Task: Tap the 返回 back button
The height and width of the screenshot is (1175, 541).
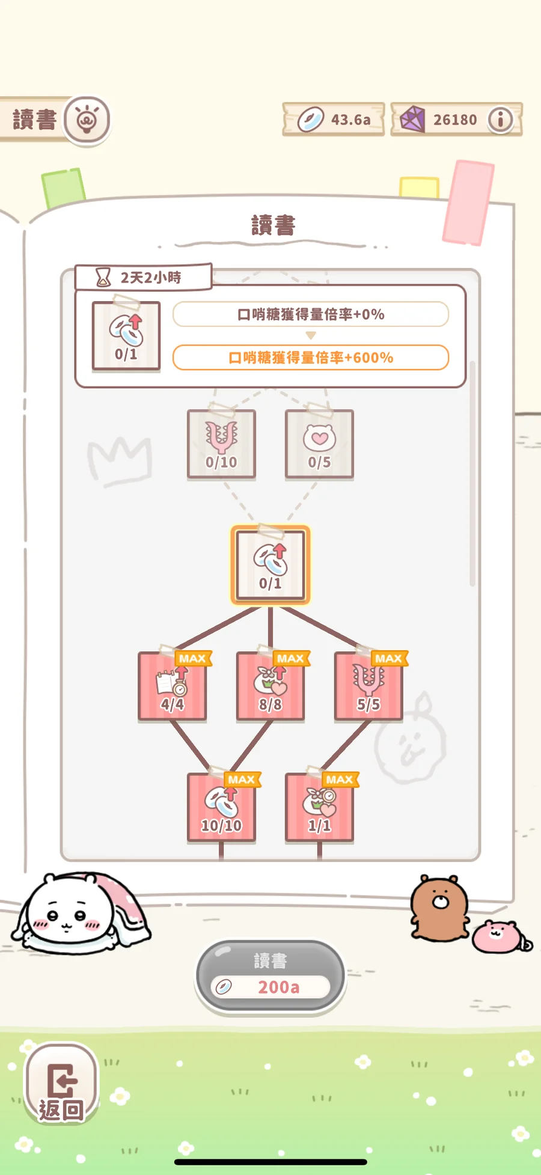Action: click(x=61, y=1084)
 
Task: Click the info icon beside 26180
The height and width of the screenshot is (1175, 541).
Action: click(x=500, y=120)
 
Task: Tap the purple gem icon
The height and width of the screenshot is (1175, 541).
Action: click(x=412, y=119)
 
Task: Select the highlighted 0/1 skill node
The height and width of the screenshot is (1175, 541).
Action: click(x=270, y=565)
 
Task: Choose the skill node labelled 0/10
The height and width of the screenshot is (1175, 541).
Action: click(x=221, y=444)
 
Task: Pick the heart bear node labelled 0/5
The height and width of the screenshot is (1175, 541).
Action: click(x=319, y=444)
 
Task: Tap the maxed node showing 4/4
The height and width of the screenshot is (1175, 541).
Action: click(x=173, y=686)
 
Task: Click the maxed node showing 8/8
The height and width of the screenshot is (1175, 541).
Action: click(x=270, y=686)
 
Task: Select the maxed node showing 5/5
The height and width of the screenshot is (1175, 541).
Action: click(x=368, y=686)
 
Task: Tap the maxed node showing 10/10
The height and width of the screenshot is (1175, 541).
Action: click(x=221, y=807)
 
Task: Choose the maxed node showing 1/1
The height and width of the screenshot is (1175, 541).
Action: click(x=319, y=807)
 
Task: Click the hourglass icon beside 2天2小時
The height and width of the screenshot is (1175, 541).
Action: click(x=103, y=277)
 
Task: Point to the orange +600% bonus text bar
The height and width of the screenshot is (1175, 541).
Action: click(x=311, y=358)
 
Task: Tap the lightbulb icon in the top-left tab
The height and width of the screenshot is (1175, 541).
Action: click(x=87, y=120)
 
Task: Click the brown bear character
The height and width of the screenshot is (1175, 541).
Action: click(x=439, y=908)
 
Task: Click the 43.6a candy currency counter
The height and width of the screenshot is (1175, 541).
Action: click(x=334, y=119)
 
